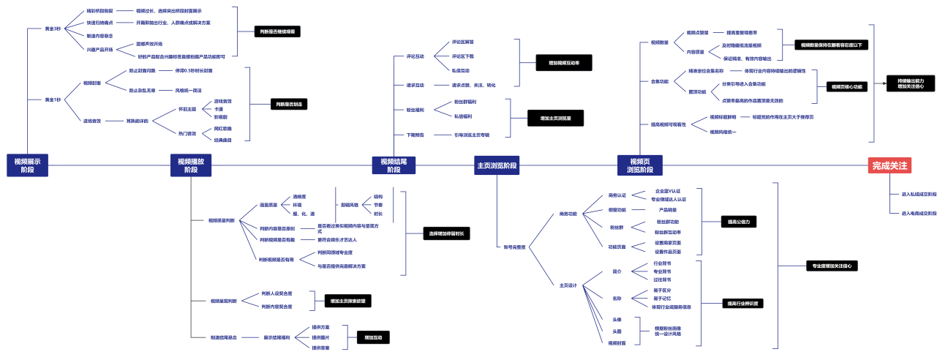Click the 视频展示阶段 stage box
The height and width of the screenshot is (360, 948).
click(x=27, y=165)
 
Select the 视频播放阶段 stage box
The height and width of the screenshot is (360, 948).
click(x=191, y=165)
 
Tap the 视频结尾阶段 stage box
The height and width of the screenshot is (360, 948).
click(x=394, y=165)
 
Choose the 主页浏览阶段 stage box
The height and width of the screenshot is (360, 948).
click(x=497, y=165)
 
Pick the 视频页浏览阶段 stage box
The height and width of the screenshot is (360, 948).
click(x=640, y=165)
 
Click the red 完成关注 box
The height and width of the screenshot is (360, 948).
click(x=889, y=165)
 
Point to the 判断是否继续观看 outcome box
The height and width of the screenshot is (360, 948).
click(x=278, y=31)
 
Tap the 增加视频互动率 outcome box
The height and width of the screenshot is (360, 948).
click(x=563, y=63)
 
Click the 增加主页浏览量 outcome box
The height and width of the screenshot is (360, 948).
click(x=555, y=117)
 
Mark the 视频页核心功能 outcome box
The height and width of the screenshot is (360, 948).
click(x=846, y=86)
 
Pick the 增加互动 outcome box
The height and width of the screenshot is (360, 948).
click(x=372, y=337)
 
